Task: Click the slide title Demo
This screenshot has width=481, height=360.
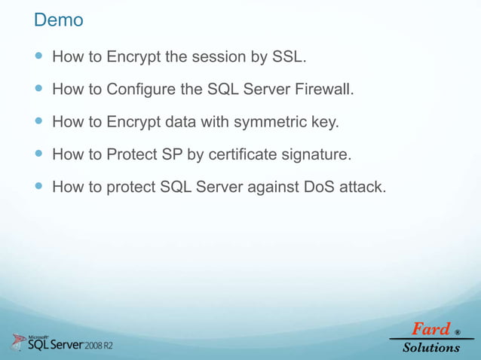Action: [58, 20]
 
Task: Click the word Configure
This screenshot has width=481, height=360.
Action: [142, 90]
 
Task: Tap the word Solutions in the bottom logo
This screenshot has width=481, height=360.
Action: [430, 347]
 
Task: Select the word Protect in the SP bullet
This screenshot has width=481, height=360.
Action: [133, 155]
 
